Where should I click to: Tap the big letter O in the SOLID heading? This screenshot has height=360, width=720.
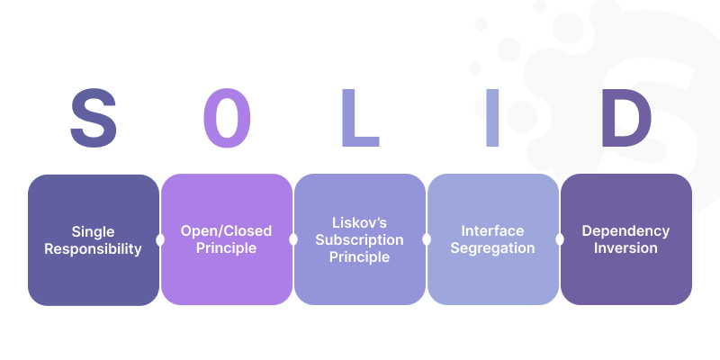click(227, 118)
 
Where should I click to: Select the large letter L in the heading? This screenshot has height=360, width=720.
click(361, 118)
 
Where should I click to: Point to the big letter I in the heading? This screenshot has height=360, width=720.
click(492, 118)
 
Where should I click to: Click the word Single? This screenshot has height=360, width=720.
click(94, 232)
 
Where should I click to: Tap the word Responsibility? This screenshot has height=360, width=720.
click(94, 249)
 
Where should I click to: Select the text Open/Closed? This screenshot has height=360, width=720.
click(227, 231)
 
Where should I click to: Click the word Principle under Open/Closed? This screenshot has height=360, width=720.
click(227, 248)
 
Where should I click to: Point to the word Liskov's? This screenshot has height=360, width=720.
click(359, 222)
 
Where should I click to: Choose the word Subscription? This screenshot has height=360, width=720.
click(359, 240)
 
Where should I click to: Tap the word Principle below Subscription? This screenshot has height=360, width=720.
click(359, 257)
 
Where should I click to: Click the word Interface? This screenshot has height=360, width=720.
click(492, 231)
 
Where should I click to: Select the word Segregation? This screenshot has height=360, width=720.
click(492, 248)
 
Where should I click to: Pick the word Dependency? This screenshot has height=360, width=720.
click(625, 231)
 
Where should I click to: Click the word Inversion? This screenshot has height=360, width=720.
click(625, 248)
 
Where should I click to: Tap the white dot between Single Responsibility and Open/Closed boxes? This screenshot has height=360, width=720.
click(160, 239)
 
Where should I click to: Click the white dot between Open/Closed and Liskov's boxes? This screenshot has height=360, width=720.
click(293, 239)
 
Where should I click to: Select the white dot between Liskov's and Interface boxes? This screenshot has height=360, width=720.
click(427, 239)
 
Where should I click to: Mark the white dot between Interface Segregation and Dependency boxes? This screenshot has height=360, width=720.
click(560, 239)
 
